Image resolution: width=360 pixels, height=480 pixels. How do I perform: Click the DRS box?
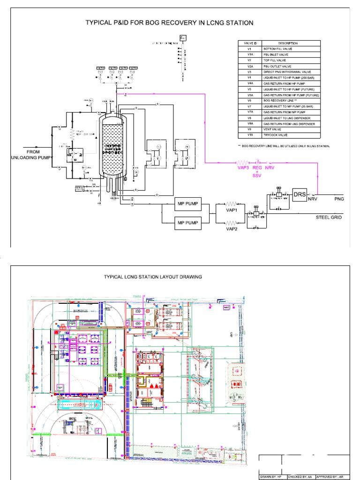(x=300, y=194)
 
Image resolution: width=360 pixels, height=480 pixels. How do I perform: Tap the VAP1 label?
(x=232, y=211)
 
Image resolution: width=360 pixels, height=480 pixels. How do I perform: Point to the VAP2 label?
(x=232, y=229)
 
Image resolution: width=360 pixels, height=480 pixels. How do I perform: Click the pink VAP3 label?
(x=242, y=167)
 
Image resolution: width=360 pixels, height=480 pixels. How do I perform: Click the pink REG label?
(x=257, y=167)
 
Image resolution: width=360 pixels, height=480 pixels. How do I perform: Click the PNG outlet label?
(x=339, y=199)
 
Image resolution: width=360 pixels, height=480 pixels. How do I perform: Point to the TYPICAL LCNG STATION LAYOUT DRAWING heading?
(x=153, y=277)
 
